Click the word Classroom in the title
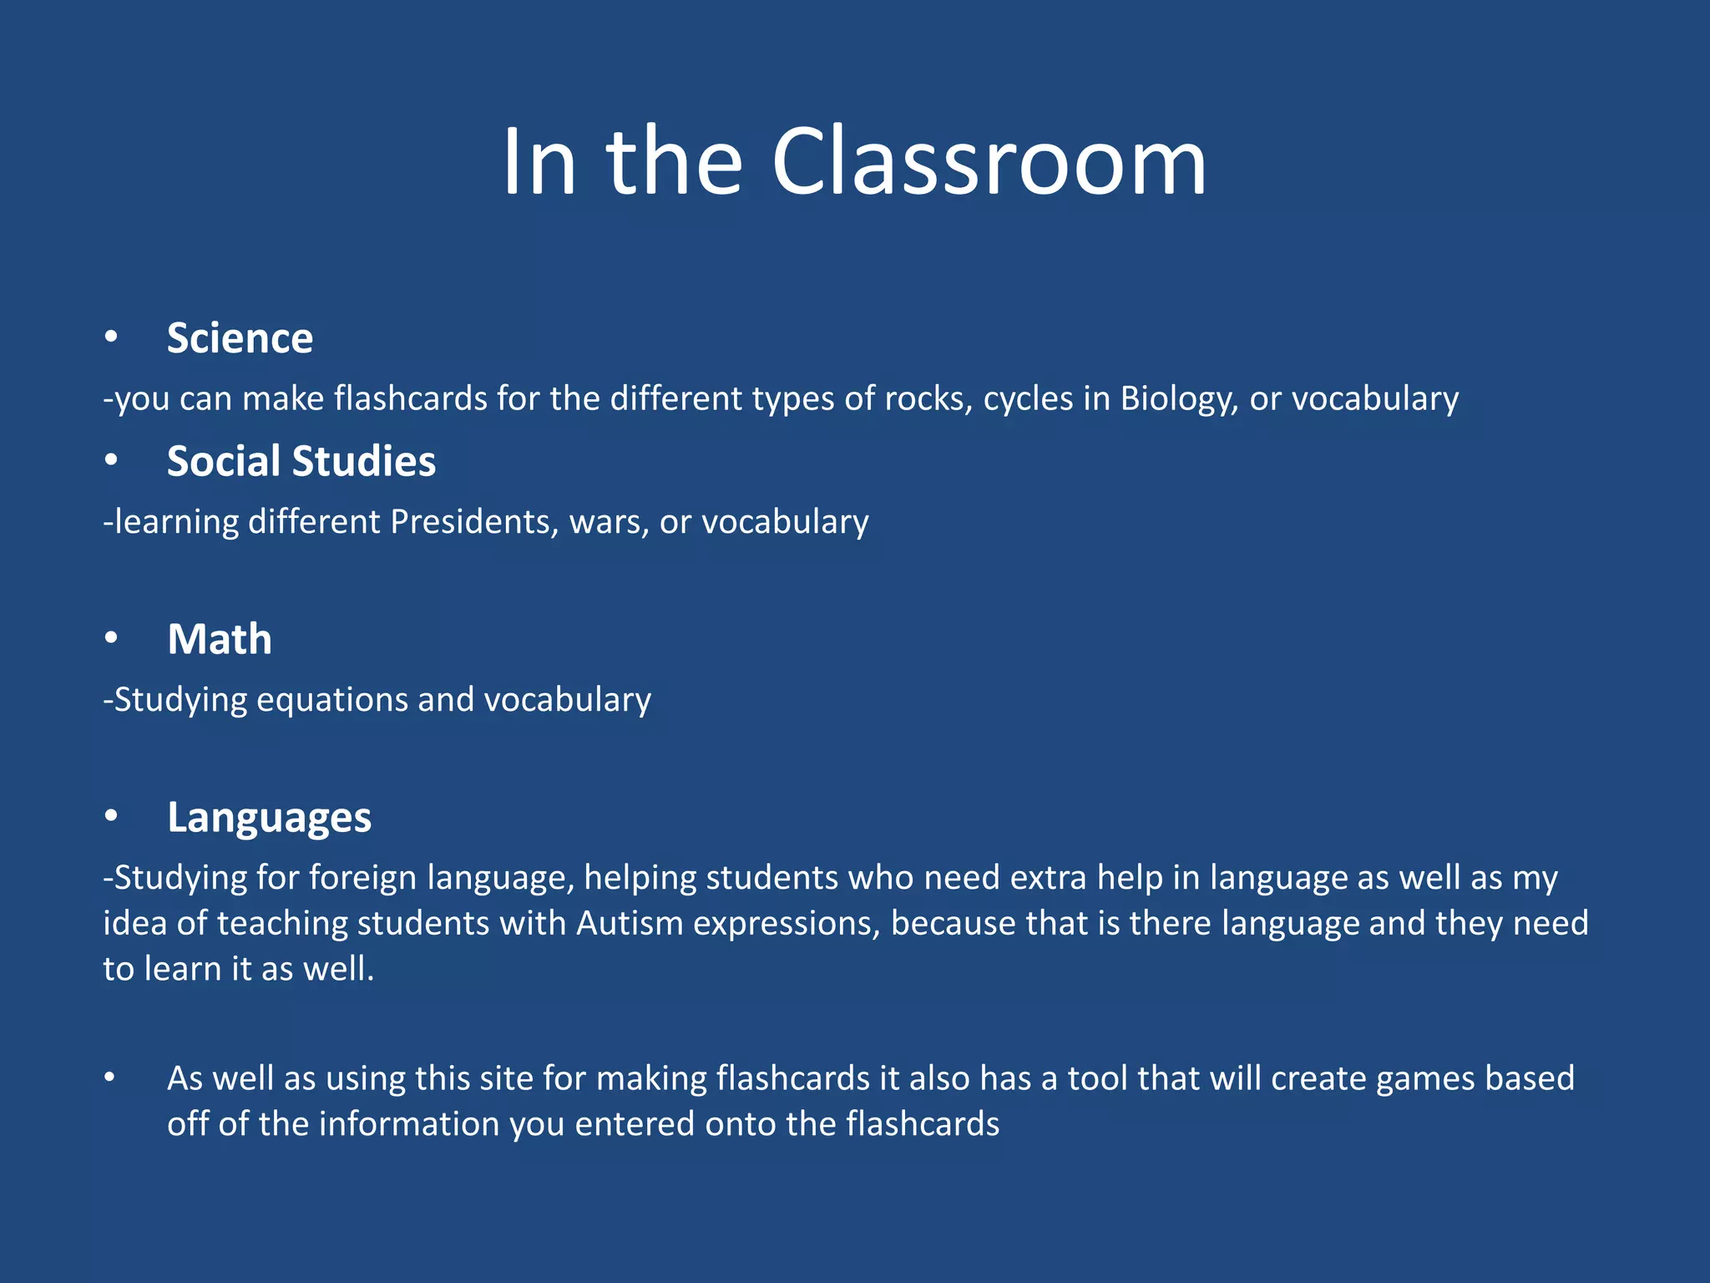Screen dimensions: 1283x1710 989,162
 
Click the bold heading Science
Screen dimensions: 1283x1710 240,338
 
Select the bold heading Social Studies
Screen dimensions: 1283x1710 301,461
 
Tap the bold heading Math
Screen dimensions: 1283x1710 220,640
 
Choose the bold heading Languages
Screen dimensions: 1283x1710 269,817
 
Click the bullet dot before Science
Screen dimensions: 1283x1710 111,337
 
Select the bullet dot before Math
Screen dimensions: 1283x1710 111,639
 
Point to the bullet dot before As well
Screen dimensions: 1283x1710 109,1078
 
